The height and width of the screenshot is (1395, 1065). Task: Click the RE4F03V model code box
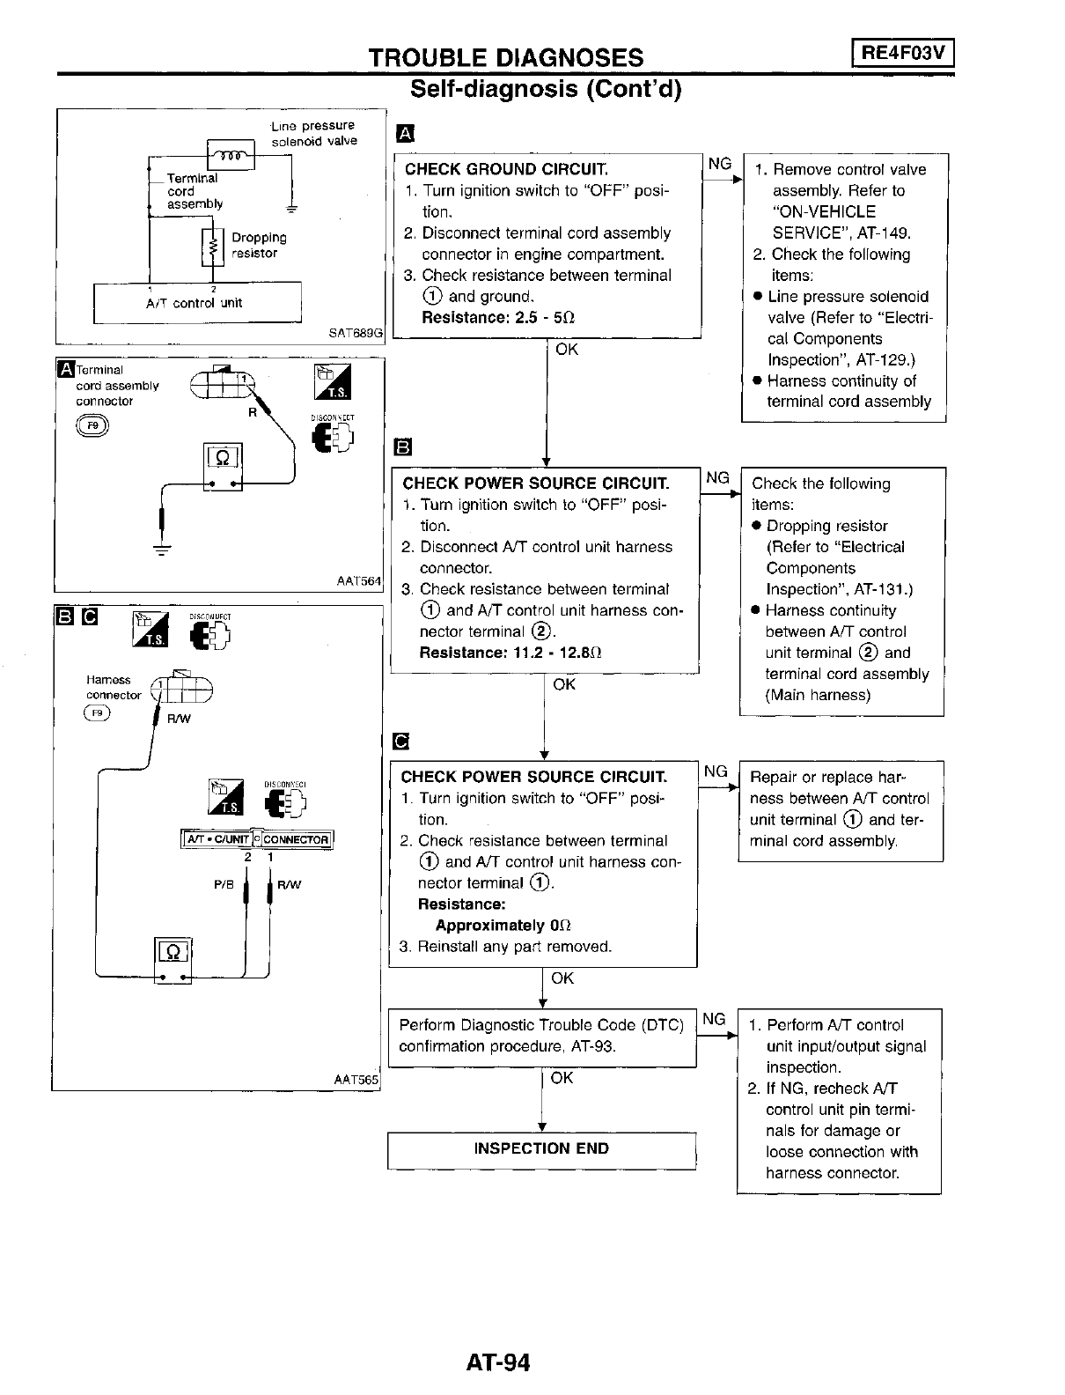pyautogui.click(x=903, y=54)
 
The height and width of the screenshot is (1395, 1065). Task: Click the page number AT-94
pyautogui.click(x=498, y=1362)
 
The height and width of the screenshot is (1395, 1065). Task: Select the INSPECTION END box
pyautogui.click(x=541, y=1148)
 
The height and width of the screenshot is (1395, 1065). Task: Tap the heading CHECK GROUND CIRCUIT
pyautogui.click(x=506, y=169)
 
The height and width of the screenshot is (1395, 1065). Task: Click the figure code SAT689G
pyautogui.click(x=356, y=334)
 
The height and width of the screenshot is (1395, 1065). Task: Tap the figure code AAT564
pyautogui.click(x=359, y=581)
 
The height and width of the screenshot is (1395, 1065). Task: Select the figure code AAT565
pyautogui.click(x=356, y=1079)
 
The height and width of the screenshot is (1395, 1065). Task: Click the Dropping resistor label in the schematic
pyautogui.click(x=258, y=245)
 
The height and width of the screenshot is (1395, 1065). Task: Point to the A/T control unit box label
pyautogui.click(x=194, y=303)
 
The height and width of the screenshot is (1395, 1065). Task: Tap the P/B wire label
pyautogui.click(x=224, y=885)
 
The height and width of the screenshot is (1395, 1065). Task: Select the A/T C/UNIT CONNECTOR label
pyautogui.click(x=256, y=839)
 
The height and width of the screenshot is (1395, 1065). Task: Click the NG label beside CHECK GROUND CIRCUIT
pyautogui.click(x=720, y=164)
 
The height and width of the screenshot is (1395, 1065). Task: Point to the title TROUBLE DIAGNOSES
pyautogui.click(x=505, y=57)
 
